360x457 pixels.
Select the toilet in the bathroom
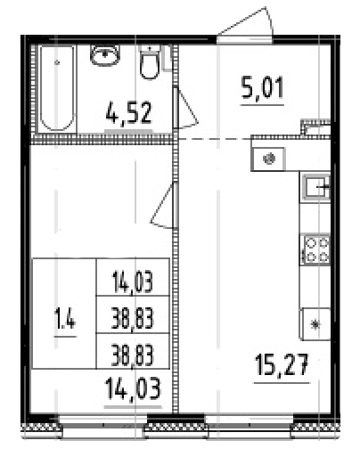point(150,63)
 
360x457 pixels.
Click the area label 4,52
point(128,115)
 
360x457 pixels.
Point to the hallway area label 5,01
point(261,88)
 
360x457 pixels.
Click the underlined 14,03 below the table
point(133,389)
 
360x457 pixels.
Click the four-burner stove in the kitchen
point(316,249)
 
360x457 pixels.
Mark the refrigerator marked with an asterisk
point(315,323)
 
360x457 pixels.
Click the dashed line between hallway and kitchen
point(214,140)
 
